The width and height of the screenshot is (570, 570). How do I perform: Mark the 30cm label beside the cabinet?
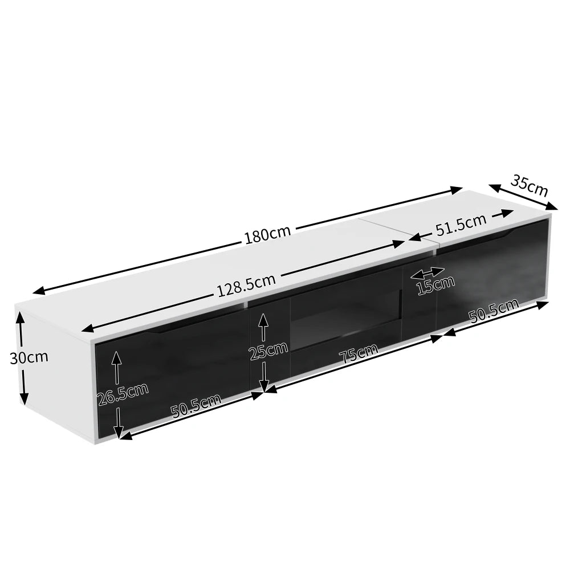[29, 358]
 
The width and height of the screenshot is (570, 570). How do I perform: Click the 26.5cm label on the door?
[123, 393]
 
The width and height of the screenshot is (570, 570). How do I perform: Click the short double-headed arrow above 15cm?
[427, 273]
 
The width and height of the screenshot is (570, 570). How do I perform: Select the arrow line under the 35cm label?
[523, 197]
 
